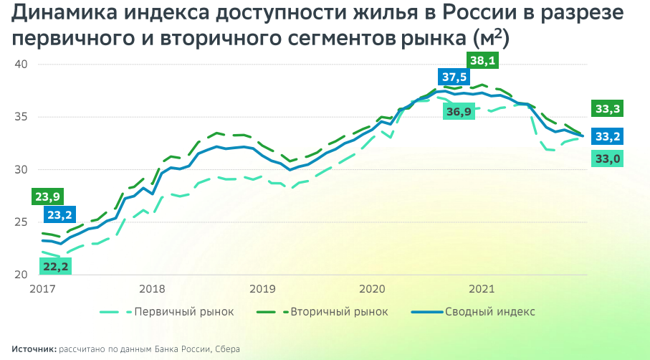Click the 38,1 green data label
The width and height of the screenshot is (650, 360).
pyautogui.click(x=482, y=61)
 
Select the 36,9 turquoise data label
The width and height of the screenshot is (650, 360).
pyautogui.click(x=459, y=112)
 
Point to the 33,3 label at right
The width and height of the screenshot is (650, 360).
pyautogui.click(x=606, y=109)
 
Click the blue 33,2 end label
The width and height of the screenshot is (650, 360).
pyautogui.click(x=606, y=136)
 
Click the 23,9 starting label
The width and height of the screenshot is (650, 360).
pyautogui.click(x=47, y=196)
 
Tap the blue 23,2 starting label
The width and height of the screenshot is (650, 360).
pyautogui.click(x=59, y=214)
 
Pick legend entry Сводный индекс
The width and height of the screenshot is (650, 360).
pyautogui.click(x=490, y=312)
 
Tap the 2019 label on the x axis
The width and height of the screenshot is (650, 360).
pyautogui.click(x=263, y=289)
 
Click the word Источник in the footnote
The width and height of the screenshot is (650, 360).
pyautogui.click(x=34, y=349)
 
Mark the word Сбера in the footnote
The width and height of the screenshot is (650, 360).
pyautogui.click(x=227, y=349)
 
